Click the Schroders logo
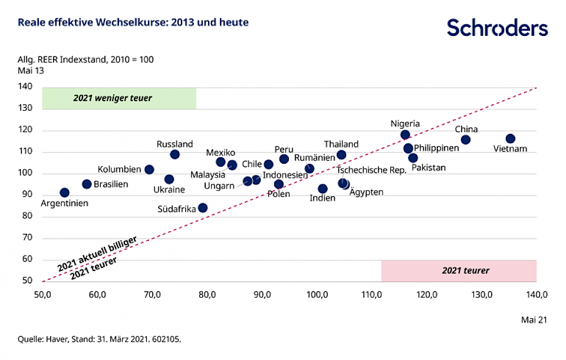497,28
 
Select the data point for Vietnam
511,138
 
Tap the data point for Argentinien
64,193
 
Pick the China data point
466,140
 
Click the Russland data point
175,154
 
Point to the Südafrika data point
203,207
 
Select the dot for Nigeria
405,135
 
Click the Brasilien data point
87,184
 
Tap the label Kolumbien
119,170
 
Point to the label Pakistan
429,168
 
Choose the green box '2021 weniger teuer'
119,98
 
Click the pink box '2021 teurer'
459,271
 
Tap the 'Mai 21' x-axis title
534,319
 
